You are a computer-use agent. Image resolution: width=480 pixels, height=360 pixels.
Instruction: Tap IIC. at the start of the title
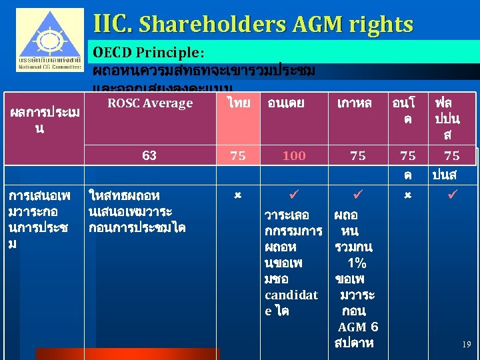(x=115, y=25)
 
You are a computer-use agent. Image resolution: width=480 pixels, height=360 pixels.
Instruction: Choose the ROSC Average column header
(x=150, y=103)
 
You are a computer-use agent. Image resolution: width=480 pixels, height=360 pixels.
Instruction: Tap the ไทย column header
(x=238, y=103)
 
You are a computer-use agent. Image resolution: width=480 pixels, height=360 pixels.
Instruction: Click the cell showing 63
(x=149, y=155)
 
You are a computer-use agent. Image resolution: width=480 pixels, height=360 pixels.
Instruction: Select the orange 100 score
(x=293, y=156)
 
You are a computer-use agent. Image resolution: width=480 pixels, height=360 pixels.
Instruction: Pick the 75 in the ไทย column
(x=237, y=156)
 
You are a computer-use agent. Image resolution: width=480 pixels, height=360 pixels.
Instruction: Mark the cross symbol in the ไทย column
(x=237, y=195)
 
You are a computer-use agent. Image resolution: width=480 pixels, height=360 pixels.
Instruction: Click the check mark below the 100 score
(x=294, y=196)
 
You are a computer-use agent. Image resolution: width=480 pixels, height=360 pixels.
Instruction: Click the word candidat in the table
(x=291, y=295)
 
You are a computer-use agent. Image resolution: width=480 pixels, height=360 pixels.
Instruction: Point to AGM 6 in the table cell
(x=358, y=327)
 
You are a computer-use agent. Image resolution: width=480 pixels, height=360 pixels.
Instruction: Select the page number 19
(x=466, y=345)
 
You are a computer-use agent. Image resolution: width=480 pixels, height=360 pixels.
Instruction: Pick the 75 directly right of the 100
(x=358, y=156)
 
